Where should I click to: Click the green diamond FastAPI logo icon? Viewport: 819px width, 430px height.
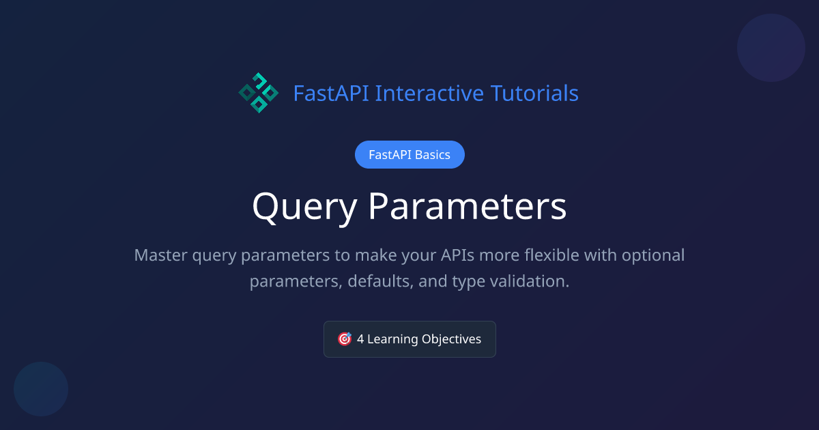pos(258,93)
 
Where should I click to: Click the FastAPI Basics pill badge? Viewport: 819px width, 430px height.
pos(409,155)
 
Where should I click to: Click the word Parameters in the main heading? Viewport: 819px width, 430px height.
pos(468,207)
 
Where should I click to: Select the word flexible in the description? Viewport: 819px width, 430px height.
pos(555,255)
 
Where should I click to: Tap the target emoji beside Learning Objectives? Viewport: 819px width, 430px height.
pos(345,339)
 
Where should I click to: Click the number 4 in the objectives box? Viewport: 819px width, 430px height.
pos(360,339)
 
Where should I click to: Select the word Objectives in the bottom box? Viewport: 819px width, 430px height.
pos(451,339)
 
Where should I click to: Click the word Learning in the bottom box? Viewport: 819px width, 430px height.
pos(392,339)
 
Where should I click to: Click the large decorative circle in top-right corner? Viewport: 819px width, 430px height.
pos(771,48)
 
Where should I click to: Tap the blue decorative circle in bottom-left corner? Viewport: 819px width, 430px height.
pos(41,389)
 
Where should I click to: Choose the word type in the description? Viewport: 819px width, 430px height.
pos(468,281)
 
